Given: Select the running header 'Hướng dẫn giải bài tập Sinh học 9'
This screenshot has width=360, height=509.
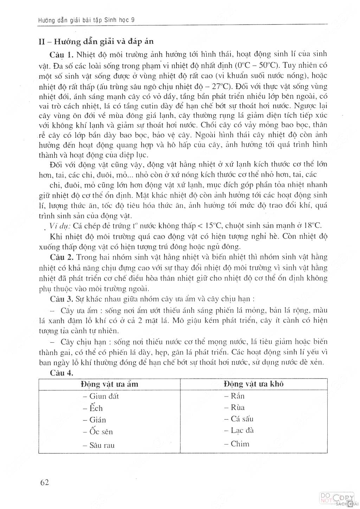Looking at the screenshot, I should (x=86, y=20).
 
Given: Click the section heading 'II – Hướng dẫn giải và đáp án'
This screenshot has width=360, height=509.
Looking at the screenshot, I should (x=96, y=41).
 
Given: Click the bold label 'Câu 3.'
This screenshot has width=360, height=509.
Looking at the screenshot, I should (x=62, y=299).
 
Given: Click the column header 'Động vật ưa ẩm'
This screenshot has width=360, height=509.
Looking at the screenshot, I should (x=109, y=384).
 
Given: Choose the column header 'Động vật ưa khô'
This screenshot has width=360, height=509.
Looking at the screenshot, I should (x=253, y=384).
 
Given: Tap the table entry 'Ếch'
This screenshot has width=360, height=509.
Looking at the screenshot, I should (x=93, y=408).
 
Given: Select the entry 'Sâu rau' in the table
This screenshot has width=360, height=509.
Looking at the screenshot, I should (x=99, y=445).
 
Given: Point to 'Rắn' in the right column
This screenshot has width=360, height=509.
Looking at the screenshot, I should (x=234, y=396).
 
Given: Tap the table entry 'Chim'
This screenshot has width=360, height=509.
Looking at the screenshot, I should (x=237, y=444).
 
